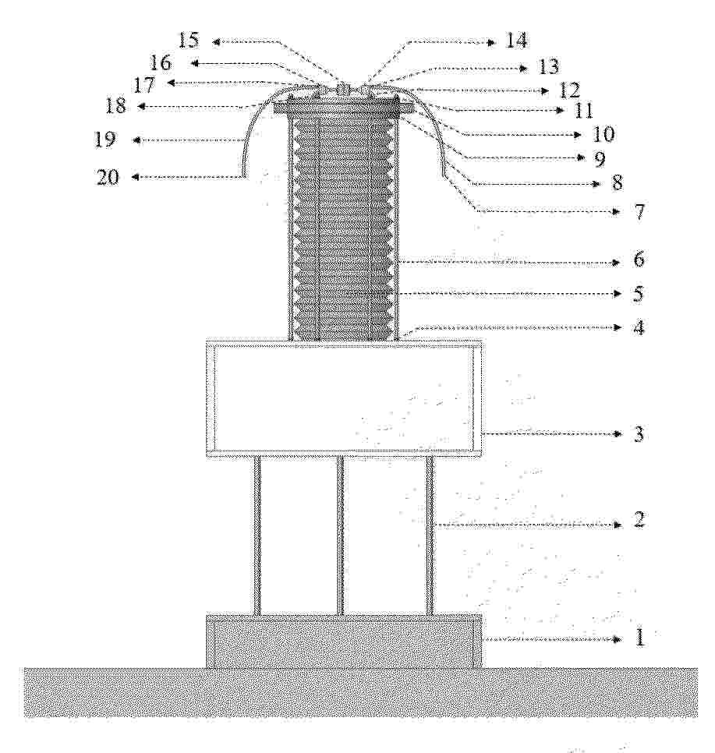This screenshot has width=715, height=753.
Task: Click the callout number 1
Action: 639,638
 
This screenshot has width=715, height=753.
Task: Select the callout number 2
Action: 639,519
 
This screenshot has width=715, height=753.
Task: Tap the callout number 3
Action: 639,434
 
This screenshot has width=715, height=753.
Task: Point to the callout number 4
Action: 638,327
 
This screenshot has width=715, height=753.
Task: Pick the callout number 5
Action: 638,293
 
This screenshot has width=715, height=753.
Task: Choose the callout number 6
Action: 639,260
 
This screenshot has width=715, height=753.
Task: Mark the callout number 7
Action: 639,211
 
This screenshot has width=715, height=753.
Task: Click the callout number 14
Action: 516,41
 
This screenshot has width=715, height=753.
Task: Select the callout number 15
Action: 189,40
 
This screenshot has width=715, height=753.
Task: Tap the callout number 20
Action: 108,177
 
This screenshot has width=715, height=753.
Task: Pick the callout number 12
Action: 569,90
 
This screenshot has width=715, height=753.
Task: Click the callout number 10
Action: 604,134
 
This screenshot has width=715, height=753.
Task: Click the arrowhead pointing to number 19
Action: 136,140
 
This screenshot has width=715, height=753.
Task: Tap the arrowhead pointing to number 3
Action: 619,434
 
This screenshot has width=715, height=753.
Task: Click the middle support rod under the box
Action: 340,535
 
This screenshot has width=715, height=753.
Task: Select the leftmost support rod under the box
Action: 257,535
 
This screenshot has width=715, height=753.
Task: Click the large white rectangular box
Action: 344,398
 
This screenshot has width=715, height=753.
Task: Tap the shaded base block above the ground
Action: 344,641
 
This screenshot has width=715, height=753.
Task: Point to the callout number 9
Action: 599,159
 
